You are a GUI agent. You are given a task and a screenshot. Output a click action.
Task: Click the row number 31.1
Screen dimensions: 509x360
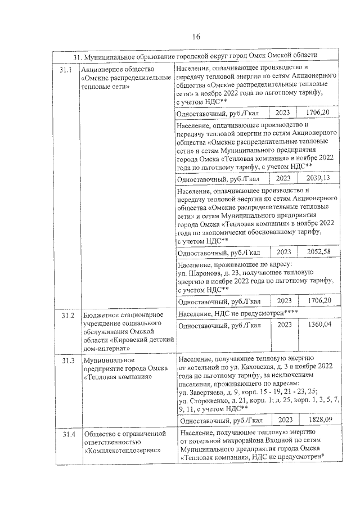(x=66, y=70)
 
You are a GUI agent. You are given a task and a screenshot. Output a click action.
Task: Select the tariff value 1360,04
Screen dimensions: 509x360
(x=317, y=325)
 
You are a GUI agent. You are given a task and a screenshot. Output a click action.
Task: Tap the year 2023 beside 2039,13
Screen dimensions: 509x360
(x=283, y=179)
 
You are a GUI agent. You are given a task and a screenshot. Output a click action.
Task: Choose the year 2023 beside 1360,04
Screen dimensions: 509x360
(x=285, y=325)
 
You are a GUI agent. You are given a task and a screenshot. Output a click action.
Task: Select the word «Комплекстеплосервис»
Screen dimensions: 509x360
(x=121, y=450)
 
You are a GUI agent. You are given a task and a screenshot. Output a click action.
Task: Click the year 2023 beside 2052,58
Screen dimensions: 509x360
(x=283, y=251)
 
